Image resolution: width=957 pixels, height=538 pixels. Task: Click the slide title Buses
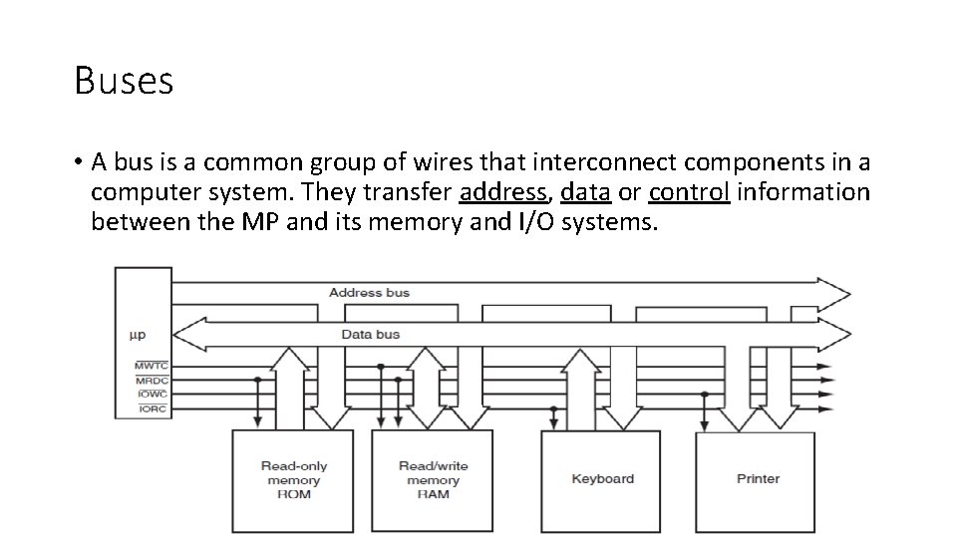click(124, 81)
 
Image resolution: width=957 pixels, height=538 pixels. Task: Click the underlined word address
click(503, 191)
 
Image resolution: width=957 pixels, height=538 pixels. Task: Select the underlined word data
click(586, 191)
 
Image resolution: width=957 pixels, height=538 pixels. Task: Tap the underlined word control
click(690, 191)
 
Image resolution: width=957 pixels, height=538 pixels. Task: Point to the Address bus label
click(369, 293)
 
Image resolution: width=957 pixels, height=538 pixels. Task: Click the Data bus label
click(370, 335)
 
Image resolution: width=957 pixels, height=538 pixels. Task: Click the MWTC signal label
click(152, 367)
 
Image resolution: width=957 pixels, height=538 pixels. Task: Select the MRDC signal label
click(152, 381)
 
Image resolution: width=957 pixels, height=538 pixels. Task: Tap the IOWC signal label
click(152, 395)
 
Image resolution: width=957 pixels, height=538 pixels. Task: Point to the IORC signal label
click(152, 408)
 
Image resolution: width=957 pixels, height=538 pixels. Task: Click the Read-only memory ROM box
click(293, 481)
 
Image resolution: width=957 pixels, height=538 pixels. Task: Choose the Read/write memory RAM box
click(433, 481)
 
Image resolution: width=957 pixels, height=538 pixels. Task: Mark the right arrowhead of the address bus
click(835, 291)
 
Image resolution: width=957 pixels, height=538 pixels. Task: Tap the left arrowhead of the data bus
click(187, 335)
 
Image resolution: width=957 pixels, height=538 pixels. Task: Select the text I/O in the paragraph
click(533, 221)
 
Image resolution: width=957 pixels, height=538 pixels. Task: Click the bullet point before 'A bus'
click(77, 162)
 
